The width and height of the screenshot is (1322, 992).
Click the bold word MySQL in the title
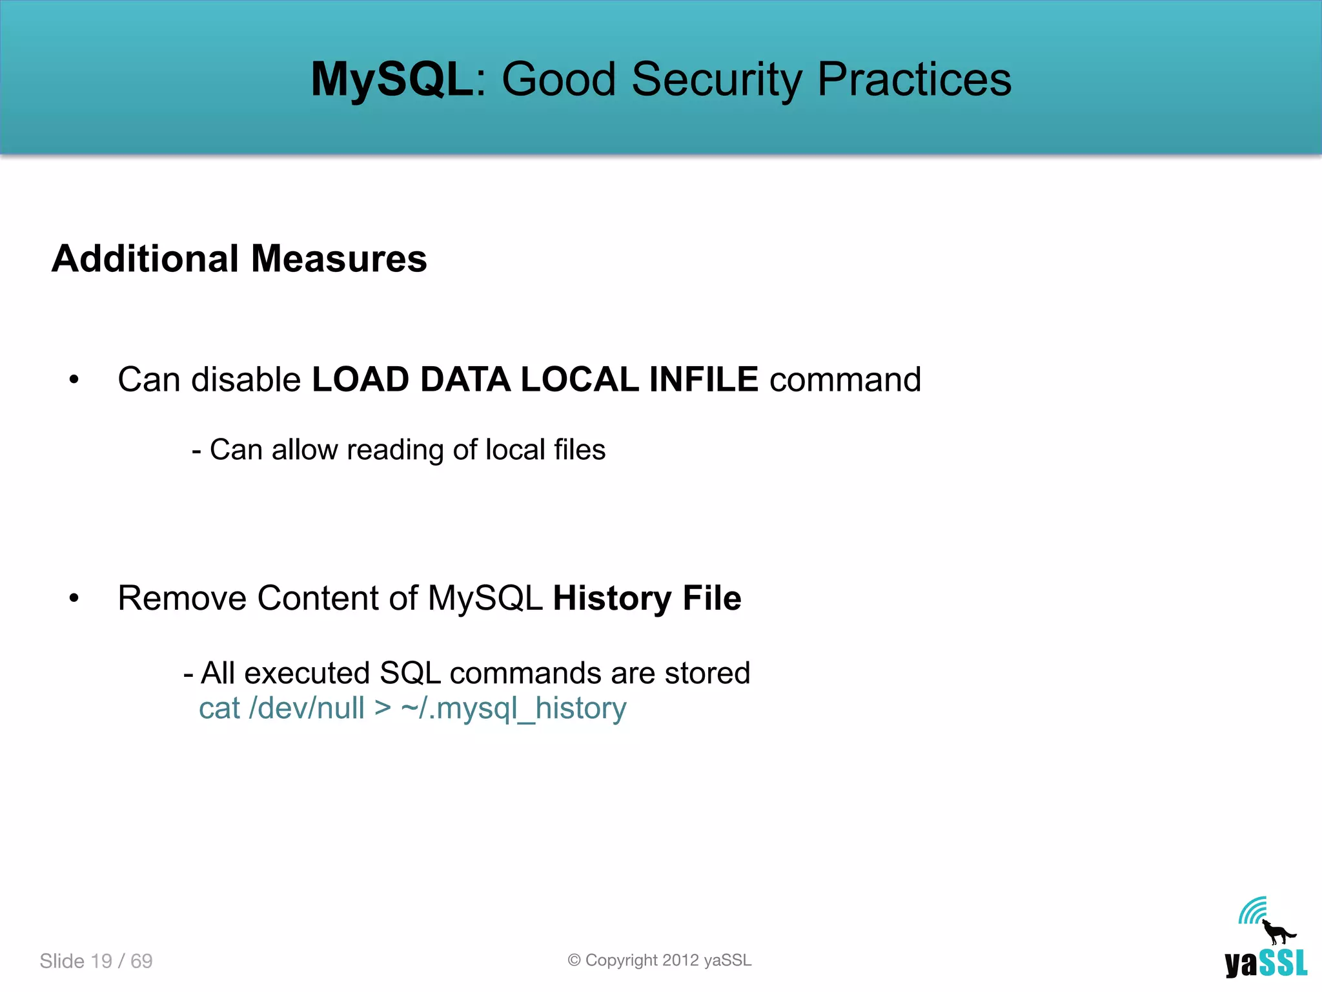click(392, 79)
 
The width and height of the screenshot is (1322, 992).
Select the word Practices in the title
click(914, 79)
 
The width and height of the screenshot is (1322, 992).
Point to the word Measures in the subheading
click(339, 259)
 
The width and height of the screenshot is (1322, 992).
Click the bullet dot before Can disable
click(74, 380)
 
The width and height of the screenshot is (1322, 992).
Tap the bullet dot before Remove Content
click(74, 599)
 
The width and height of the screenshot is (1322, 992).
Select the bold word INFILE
click(703, 379)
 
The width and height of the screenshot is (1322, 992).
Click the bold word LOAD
click(360, 379)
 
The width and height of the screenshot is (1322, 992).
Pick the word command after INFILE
click(845, 379)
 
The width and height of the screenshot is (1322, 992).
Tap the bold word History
click(612, 598)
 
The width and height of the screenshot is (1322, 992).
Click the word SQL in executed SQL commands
click(410, 673)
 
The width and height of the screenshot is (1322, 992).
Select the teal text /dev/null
click(307, 708)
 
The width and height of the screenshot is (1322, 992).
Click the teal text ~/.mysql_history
click(514, 708)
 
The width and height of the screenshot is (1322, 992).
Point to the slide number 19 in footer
click(101, 961)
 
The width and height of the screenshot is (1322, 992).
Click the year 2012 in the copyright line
click(680, 960)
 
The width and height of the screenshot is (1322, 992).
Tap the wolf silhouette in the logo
click(1277, 933)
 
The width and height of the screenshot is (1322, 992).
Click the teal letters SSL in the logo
click(1283, 964)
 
